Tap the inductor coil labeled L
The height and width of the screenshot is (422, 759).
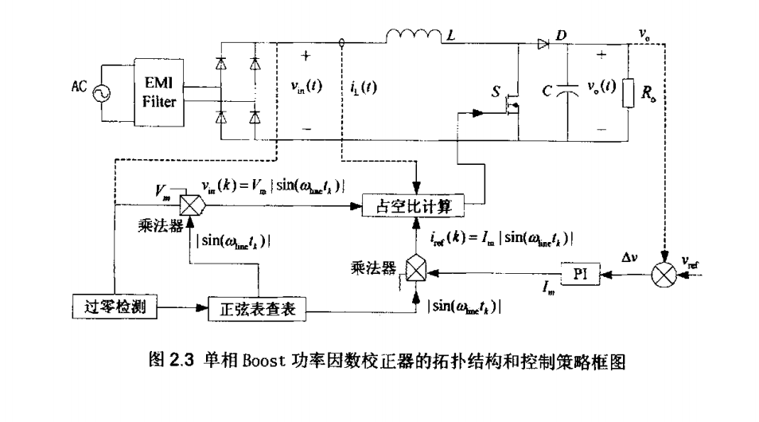pos(413,35)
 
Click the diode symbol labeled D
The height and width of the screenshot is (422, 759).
pos(544,44)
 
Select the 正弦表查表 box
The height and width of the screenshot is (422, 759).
pos(257,307)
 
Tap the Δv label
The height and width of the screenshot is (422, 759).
pos(631,257)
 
